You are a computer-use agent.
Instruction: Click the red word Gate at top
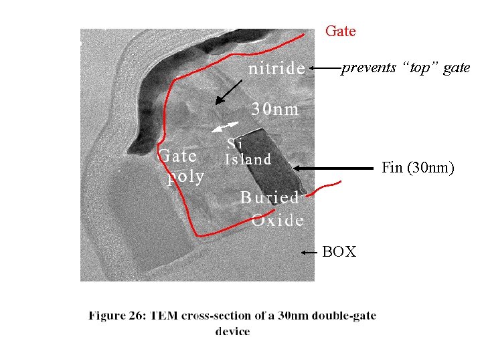(x=340, y=31)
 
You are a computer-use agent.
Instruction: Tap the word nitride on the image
(x=276, y=68)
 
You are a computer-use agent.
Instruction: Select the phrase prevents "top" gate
(x=406, y=68)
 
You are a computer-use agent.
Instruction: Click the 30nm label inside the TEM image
(x=275, y=109)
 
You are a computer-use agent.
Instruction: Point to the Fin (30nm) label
(x=418, y=168)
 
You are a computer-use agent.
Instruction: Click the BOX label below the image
(x=339, y=252)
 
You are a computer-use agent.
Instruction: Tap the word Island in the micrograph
(x=248, y=159)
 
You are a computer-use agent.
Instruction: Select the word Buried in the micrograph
(x=270, y=197)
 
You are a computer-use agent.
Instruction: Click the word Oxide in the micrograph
(x=278, y=219)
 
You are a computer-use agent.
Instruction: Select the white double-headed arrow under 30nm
(x=224, y=126)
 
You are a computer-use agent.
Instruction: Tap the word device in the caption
(x=232, y=331)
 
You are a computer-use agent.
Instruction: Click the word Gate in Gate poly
(x=177, y=156)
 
